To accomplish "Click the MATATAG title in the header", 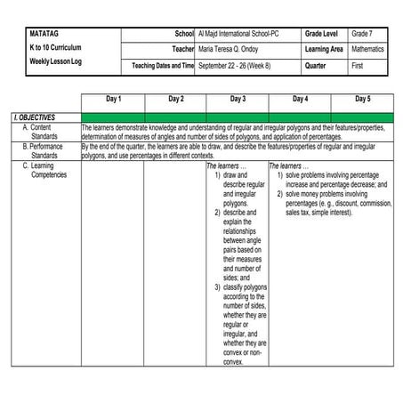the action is point(46,33).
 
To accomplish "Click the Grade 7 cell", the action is point(361,33).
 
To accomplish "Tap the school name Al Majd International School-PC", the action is point(242,33).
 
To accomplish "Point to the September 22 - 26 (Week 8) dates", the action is point(237,66).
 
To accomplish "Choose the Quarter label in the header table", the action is point(318,66).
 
